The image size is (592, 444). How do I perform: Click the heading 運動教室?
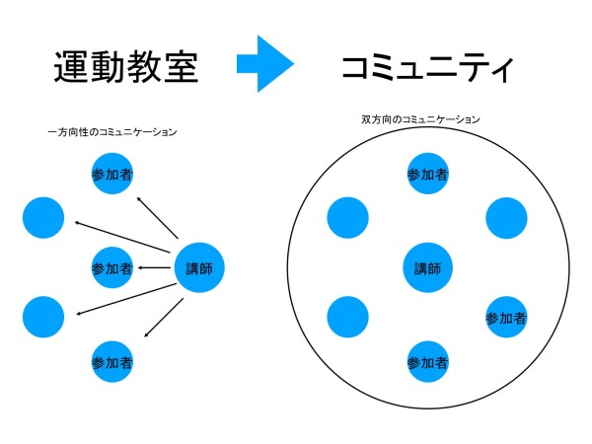[125, 67]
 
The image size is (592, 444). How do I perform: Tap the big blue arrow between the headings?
[265, 65]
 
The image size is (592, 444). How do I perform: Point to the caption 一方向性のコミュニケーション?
[112, 132]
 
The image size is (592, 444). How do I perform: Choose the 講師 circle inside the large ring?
[428, 267]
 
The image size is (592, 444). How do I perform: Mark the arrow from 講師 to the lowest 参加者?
[164, 316]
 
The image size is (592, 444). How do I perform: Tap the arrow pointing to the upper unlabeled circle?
[122, 240]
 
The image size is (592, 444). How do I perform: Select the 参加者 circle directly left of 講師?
[112, 267]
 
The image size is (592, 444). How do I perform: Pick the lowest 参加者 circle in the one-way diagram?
[112, 361]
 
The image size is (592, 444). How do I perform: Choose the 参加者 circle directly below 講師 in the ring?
[428, 362]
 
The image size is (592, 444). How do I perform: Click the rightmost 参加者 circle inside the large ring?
[506, 317]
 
